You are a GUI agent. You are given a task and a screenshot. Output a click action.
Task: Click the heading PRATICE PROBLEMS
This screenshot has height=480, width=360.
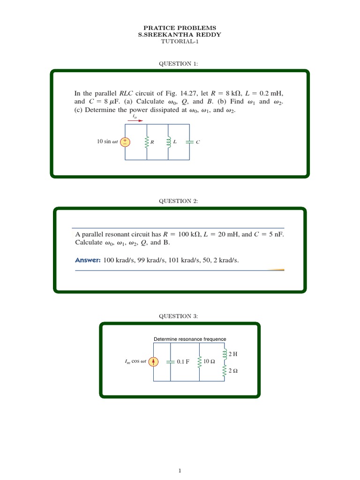(x=180, y=28)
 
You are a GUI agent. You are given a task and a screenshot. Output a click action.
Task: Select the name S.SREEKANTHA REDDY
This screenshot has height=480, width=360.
(x=180, y=34)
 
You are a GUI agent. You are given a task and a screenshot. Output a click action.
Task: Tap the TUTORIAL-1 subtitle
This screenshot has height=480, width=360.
(x=180, y=41)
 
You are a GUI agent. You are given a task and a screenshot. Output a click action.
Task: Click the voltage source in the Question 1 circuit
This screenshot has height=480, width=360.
(x=125, y=142)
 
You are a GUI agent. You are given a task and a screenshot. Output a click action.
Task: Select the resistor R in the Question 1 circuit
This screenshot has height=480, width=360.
(x=147, y=142)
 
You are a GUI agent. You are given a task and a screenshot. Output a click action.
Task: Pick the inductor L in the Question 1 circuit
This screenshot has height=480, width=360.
(x=169, y=142)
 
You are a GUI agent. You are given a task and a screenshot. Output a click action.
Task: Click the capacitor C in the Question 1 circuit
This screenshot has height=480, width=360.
(x=189, y=142)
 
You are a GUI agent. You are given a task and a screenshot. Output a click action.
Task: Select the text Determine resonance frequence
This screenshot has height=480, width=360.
(x=190, y=339)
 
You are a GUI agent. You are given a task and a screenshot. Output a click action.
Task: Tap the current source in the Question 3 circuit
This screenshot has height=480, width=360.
(x=156, y=361)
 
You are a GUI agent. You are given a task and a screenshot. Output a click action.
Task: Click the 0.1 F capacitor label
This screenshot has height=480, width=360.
(x=183, y=362)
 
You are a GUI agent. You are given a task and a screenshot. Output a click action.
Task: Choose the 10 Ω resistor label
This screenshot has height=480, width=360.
(x=209, y=361)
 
